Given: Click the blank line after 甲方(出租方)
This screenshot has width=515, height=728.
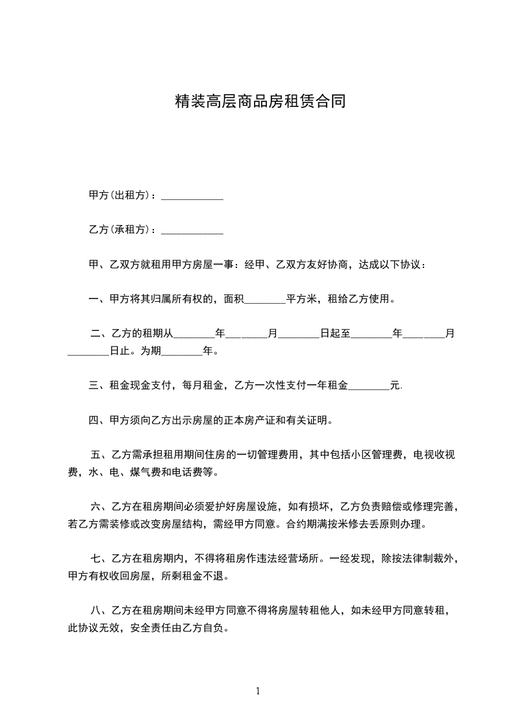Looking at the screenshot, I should click(x=192, y=197).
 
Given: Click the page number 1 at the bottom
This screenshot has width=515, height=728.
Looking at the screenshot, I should click(x=258, y=692).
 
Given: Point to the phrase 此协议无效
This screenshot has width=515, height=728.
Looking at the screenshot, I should click(x=94, y=627).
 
